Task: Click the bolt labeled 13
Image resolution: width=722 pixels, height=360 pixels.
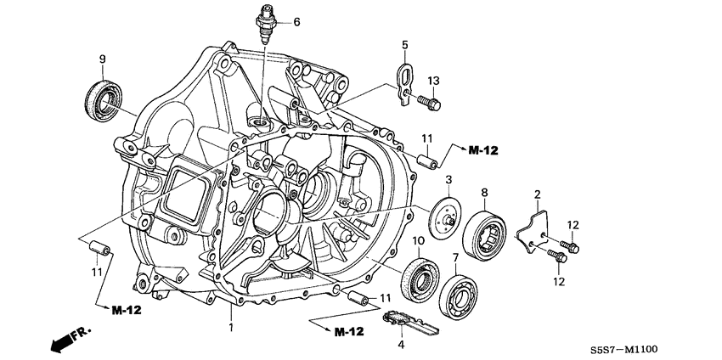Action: (x=429, y=104)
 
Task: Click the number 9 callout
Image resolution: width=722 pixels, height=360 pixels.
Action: (x=102, y=58)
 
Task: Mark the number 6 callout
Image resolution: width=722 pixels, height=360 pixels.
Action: (x=296, y=22)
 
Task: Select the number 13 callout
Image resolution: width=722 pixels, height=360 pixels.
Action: (x=433, y=80)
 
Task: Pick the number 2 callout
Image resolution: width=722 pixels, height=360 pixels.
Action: (x=537, y=195)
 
